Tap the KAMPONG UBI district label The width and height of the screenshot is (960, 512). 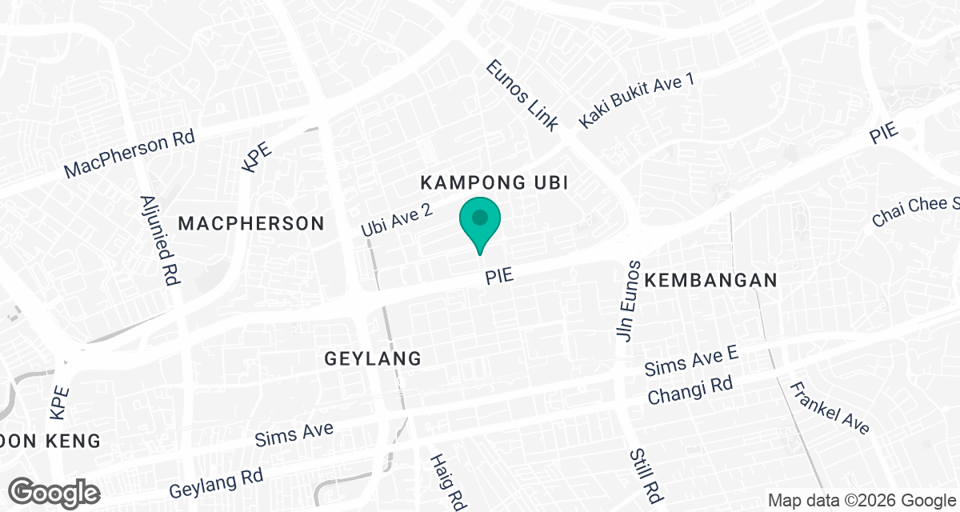pyautogui.click(x=494, y=183)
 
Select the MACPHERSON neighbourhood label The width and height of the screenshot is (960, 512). pyautogui.click(x=251, y=223)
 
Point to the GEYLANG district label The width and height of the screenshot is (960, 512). pyautogui.click(x=373, y=358)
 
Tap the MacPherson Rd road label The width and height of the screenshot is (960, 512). pyautogui.click(x=130, y=155)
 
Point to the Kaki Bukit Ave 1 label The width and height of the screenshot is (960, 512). pyautogui.click(x=638, y=100)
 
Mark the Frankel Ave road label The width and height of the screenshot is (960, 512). pyautogui.click(x=829, y=408)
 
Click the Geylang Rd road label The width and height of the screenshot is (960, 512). pyautogui.click(x=216, y=482)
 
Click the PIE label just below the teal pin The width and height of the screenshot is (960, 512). pyautogui.click(x=498, y=277)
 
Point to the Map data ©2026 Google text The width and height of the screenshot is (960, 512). pyautogui.click(x=861, y=500)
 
